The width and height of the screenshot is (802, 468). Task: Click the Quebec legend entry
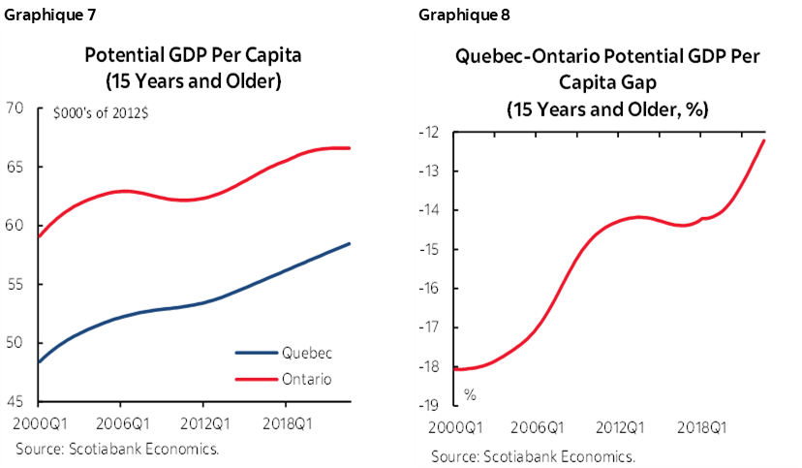click(307, 354)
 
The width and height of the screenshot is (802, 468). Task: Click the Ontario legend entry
click(306, 379)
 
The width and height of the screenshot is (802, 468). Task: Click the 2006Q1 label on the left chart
click(120, 423)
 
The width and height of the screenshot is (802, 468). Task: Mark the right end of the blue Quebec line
click(350, 243)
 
